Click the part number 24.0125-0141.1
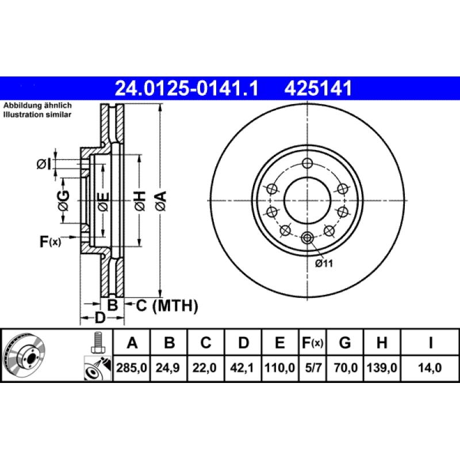click(187, 89)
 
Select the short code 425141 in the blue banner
click(316, 89)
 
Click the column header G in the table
click(345, 343)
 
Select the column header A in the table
click(132, 343)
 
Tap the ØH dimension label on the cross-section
click(140, 201)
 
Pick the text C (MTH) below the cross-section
click(167, 306)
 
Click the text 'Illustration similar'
click(37, 115)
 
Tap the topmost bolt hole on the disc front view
click(308, 162)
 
